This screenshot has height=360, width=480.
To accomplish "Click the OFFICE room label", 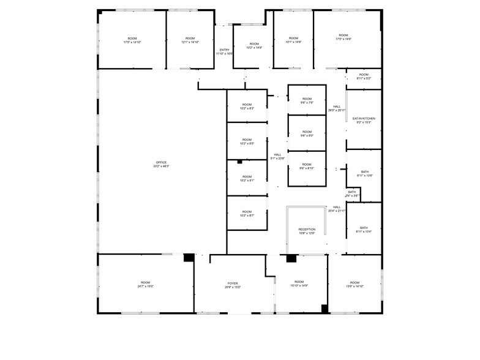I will [162, 162].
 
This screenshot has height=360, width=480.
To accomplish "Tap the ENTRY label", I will [224, 50].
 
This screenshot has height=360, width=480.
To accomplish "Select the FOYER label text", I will [233, 283].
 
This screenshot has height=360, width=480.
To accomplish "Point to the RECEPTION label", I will [307, 230].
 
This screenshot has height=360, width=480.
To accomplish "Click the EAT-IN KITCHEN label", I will [364, 118].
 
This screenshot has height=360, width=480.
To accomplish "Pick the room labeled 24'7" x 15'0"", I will [145, 284].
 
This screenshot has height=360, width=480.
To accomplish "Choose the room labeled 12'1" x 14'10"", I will [190, 40].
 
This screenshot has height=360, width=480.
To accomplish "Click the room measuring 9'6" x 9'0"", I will [307, 133].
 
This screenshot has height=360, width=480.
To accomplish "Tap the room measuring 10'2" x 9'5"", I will [247, 141].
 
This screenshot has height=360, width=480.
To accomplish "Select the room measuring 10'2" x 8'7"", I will [247, 214].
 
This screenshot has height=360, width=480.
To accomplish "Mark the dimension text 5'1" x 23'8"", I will [278, 159].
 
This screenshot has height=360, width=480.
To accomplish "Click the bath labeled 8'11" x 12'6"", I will [364, 174].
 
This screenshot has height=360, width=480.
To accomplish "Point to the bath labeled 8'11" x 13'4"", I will [364, 230].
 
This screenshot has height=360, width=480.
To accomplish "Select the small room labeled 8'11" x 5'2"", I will [364, 77].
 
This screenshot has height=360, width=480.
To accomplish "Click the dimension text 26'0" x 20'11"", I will [337, 110].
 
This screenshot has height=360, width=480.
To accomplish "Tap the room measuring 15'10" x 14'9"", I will [300, 284].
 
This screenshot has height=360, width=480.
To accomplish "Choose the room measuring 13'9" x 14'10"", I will [354, 284].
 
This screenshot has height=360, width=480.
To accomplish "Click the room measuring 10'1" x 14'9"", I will [293, 40].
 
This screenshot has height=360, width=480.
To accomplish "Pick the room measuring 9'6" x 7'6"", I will [307, 101].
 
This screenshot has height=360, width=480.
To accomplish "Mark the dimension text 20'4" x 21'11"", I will [337, 211].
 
